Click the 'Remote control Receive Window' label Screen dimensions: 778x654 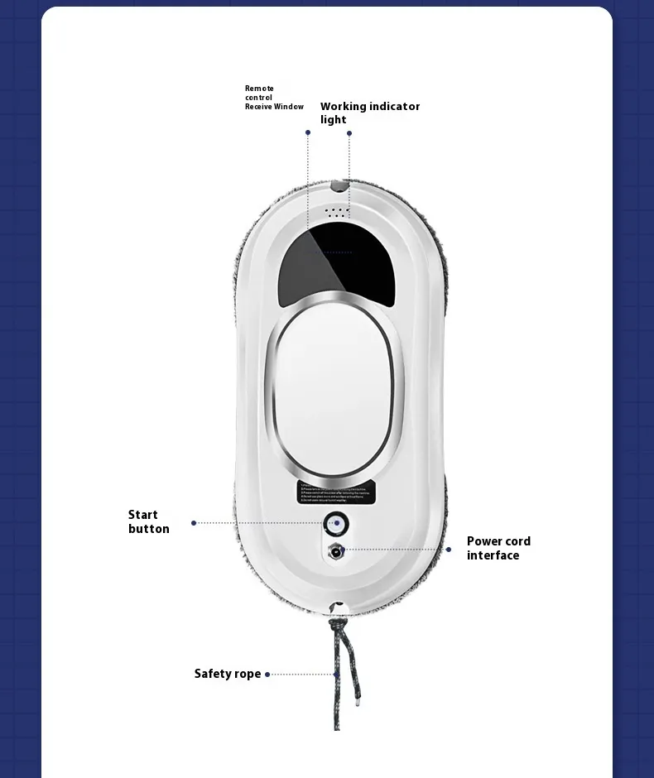point(274,98)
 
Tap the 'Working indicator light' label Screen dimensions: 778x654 point(369,113)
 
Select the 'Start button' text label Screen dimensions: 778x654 point(149,521)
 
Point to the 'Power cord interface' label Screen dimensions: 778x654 point(498,548)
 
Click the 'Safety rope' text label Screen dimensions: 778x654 point(228,674)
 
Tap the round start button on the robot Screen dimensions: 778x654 point(335,525)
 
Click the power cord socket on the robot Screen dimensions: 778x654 point(335,551)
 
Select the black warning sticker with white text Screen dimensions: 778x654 point(335,492)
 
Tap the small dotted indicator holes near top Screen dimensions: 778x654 point(336,211)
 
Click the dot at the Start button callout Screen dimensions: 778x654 point(194,523)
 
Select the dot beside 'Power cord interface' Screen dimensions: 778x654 point(449,549)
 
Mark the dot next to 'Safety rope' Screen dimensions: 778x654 point(267,675)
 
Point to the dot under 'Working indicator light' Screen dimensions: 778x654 point(349,132)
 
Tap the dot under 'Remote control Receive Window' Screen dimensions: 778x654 point(308,132)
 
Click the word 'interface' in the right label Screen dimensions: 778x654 point(493,555)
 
